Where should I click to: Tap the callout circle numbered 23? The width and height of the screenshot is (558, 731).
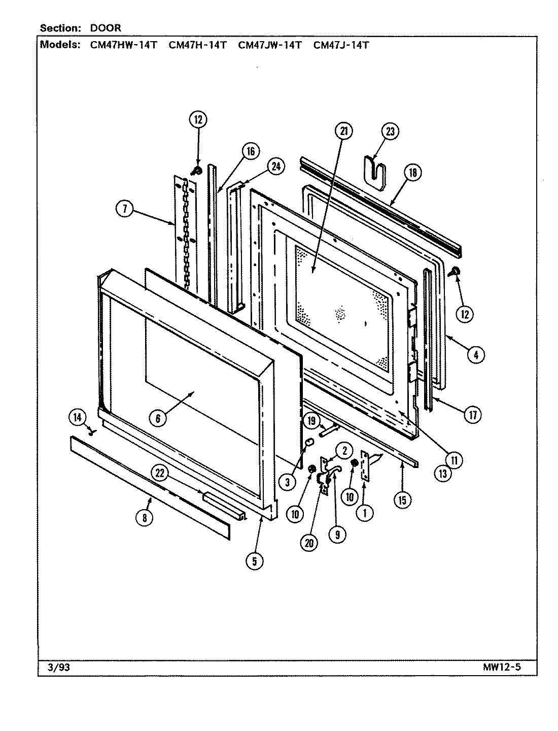(390, 131)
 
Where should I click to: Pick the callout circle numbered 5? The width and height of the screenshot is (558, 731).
(254, 560)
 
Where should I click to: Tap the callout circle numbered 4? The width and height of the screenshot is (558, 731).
(475, 355)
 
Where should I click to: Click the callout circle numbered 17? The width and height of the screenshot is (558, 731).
(472, 415)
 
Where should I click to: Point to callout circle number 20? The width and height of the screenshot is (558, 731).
(309, 543)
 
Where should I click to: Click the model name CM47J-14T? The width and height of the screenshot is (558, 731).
(340, 45)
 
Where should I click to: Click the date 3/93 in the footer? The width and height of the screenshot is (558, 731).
(54, 667)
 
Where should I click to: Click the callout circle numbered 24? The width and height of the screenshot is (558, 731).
(276, 167)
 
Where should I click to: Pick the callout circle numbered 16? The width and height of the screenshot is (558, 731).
(251, 151)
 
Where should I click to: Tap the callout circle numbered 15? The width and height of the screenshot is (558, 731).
(402, 500)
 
